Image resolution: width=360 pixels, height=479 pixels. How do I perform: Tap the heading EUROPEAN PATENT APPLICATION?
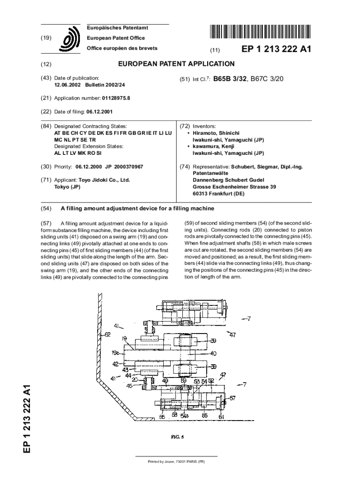pos(176,64)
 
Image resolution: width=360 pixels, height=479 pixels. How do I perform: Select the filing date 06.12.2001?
pos(99,112)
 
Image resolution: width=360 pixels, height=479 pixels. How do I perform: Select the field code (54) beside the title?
pos(46,208)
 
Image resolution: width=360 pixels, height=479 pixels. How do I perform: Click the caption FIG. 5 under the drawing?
pos(176,437)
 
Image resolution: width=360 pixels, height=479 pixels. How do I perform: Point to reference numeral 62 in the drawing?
pos(107,334)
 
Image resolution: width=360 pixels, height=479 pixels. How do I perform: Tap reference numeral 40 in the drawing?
pos(214,353)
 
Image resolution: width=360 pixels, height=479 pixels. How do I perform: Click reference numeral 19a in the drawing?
pos(115,354)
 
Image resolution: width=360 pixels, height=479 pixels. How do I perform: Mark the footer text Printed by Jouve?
pos(176,462)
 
